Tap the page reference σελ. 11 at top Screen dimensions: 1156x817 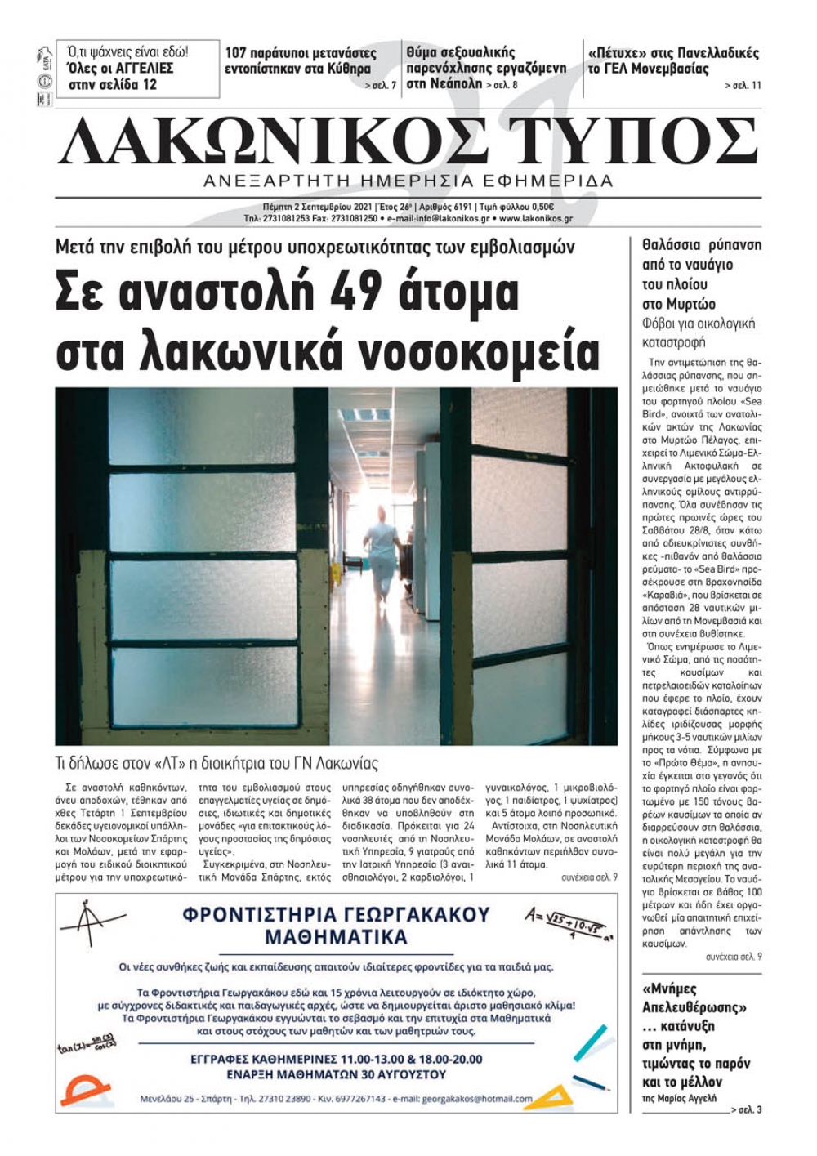point(743,85)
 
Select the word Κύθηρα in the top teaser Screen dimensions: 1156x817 point(349,69)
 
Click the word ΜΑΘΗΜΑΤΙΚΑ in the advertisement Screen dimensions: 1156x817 point(336,936)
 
